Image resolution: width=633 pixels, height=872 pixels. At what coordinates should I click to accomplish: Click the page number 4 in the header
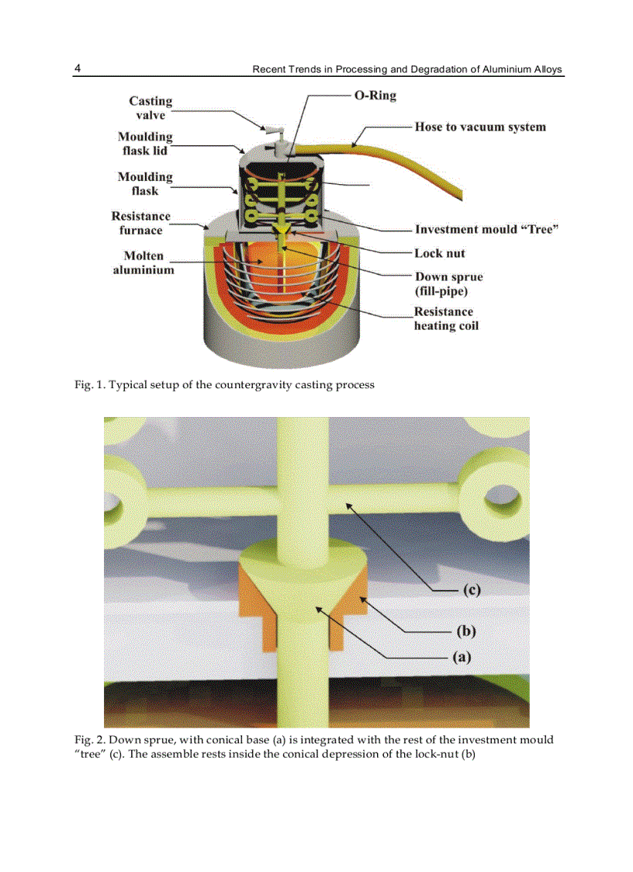tap(78, 68)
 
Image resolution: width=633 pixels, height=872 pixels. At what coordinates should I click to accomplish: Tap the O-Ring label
tap(375, 96)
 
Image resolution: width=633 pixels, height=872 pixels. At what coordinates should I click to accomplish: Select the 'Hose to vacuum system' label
tap(479, 127)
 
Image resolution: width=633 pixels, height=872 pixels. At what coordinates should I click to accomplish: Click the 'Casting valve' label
tap(150, 108)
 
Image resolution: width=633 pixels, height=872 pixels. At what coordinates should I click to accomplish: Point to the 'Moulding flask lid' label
tap(145, 144)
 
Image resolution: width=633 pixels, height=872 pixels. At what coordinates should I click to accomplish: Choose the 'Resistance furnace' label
tap(140, 223)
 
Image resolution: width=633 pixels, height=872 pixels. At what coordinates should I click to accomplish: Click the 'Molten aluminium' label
tap(144, 262)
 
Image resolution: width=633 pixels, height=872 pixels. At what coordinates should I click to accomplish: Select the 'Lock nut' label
tap(439, 253)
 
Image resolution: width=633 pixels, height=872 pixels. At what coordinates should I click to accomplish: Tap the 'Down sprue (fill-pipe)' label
tap(448, 283)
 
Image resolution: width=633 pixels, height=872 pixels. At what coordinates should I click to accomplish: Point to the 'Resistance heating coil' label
tap(446, 318)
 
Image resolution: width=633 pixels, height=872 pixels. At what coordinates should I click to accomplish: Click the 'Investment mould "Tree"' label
tap(486, 229)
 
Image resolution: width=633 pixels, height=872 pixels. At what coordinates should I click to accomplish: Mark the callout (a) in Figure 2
tap(462, 657)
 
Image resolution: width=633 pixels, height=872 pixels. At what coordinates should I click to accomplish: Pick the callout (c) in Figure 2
tap(471, 590)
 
